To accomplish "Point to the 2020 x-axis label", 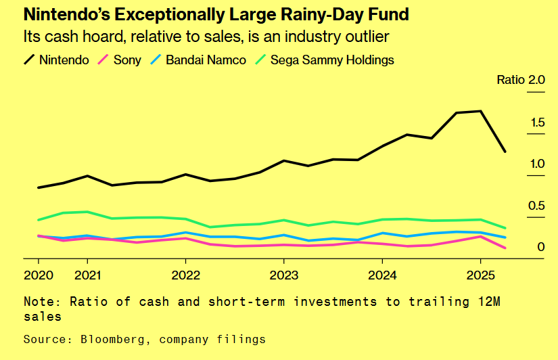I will click(x=38, y=275).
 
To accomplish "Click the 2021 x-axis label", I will click(x=87, y=275).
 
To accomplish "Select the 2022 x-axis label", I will click(x=185, y=275).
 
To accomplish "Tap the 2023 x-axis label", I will click(x=283, y=275).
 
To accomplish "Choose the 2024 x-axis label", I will click(x=382, y=275).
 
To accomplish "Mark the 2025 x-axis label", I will click(x=480, y=275).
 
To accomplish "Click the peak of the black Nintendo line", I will click(x=480, y=111).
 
